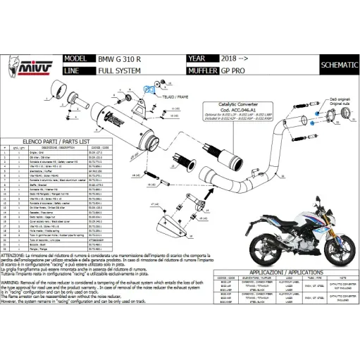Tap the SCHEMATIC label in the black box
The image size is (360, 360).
click(337, 66)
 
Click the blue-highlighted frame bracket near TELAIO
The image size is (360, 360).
click(149, 91)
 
